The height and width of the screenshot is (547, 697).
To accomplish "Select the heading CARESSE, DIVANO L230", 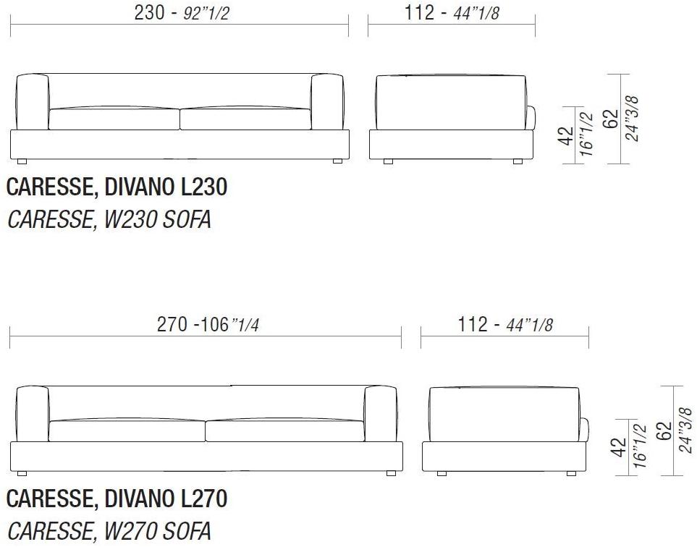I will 117,188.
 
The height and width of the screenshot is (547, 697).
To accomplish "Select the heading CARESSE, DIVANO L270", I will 117,499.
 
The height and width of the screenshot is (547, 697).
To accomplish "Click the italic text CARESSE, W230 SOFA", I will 109,220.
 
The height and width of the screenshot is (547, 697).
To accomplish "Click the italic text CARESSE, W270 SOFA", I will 109,531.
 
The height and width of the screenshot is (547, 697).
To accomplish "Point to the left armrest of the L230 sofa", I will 32,102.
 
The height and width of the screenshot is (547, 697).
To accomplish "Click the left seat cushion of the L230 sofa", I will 114,119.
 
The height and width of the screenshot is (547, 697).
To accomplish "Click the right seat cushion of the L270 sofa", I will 284,431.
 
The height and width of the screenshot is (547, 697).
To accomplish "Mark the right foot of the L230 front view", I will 337,161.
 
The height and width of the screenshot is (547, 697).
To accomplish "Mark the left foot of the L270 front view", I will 22,474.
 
